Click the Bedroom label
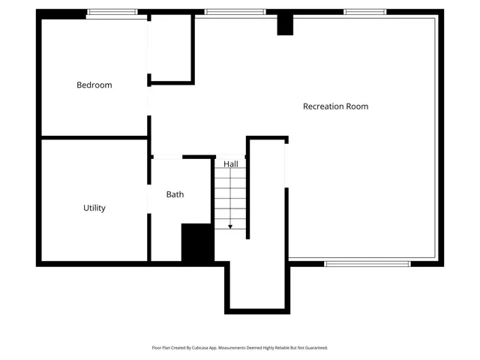coord(94,85)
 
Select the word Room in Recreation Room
coord(357,106)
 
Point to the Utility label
coord(94,208)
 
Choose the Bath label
coord(175,194)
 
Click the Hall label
coord(230,163)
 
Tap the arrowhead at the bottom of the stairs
coord(230,226)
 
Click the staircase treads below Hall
coord(230,197)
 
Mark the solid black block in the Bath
coord(197,243)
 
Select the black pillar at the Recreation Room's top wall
coord(285,24)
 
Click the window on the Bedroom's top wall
coord(112,12)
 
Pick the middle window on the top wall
coord(235,12)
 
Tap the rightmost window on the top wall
coord(365,12)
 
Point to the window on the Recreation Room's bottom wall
coord(367,263)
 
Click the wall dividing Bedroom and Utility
coord(94,137)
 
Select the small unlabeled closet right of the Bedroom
coord(171,46)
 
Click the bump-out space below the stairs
coord(257,285)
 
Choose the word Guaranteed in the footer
coord(314,348)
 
